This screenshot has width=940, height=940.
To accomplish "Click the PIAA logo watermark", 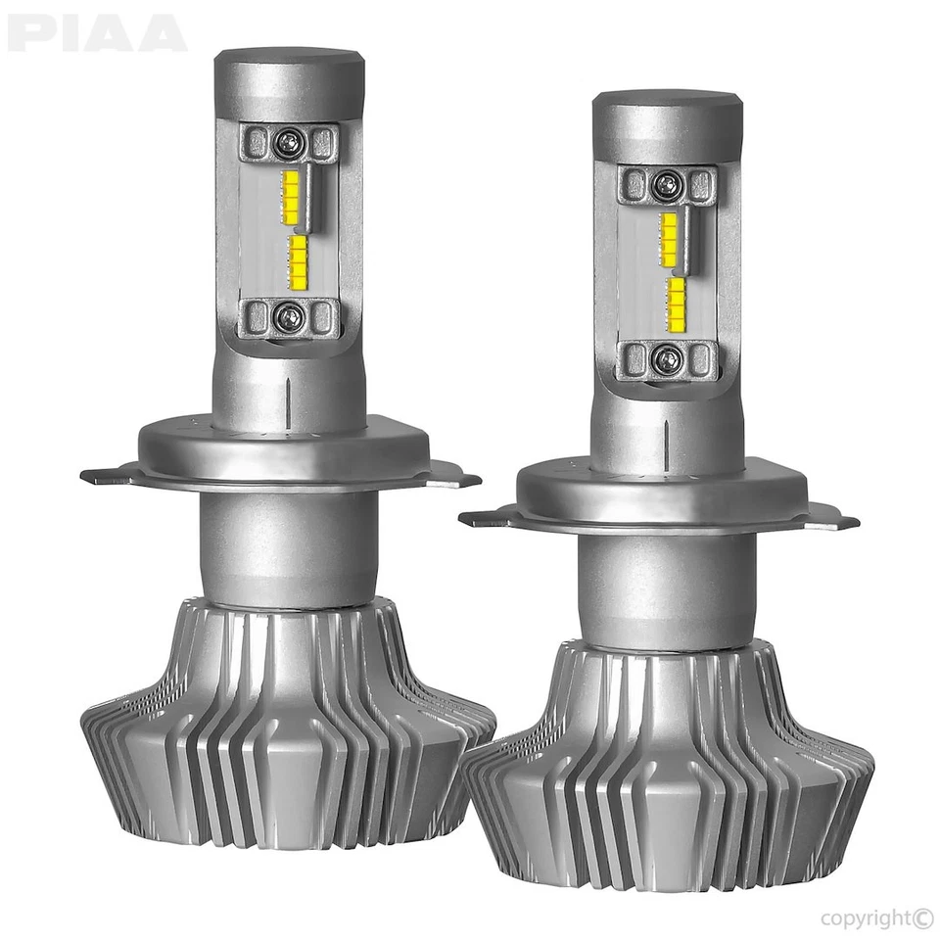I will pos(96,33).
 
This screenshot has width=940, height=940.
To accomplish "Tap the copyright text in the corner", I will pos(876,917).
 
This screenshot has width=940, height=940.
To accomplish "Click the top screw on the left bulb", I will pos(288,143).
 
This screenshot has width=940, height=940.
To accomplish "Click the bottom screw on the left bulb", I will pos(288,315).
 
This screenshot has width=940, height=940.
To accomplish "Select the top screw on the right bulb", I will pos(667,183).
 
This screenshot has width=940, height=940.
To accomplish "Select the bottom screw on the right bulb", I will pos(667,358).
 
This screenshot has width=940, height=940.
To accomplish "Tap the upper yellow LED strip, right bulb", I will pos(669,238).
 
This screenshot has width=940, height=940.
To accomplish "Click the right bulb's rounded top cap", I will pos(667,125).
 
